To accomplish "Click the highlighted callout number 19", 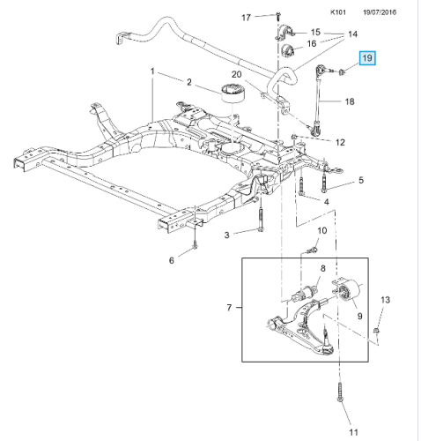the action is tap(367, 58).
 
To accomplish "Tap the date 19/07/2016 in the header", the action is tap(380, 12).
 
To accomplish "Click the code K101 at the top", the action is tap(338, 12).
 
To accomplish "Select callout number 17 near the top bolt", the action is tap(246, 18).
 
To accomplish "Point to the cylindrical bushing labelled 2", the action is tap(233, 93).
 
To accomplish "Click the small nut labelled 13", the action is tap(377, 331).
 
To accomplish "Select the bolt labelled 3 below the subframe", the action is tap(261, 220).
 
